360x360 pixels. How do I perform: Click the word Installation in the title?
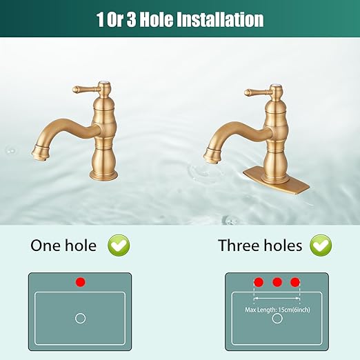pos(221,20)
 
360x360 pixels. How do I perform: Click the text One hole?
pos(63,245)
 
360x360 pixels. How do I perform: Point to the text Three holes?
pos(260,245)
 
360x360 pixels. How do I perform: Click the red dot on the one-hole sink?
pos(80,282)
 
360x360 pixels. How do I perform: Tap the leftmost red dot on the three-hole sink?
pos(259,282)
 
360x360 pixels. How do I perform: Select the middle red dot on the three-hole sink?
pos(277,282)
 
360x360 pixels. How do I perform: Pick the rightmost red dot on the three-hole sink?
pos(295,282)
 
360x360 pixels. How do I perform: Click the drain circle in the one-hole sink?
pos(80,318)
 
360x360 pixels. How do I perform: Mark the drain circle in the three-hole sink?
pos(277,319)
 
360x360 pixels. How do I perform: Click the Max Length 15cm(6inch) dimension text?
pos(277,308)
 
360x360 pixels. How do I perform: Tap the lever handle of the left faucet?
pos(84,90)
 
